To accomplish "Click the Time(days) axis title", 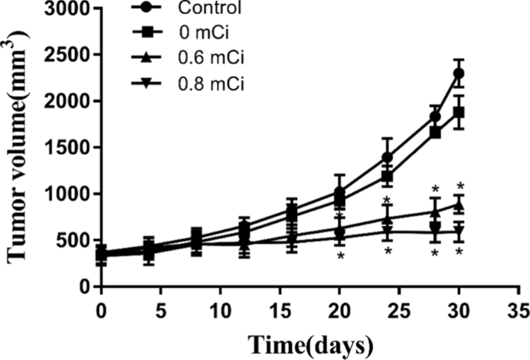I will [308, 342].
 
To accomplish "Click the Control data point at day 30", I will [459, 74].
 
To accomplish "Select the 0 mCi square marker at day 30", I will [459, 112].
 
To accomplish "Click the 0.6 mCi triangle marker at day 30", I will [459, 204].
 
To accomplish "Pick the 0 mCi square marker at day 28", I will [436, 132].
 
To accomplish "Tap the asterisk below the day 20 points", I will [340, 255].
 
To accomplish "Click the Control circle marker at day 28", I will [436, 116].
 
